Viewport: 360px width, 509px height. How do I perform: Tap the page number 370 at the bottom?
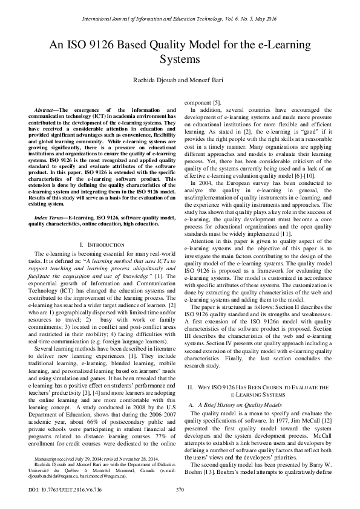tap(179, 489)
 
